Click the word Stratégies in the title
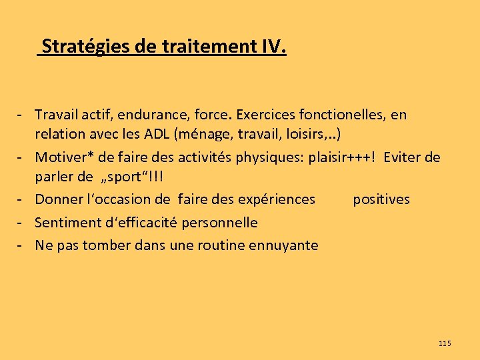pyautogui.click(x=82, y=47)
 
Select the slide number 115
pyautogui.click(x=445, y=343)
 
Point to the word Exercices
pyautogui.click(x=261, y=115)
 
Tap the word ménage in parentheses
pyautogui.click(x=202, y=135)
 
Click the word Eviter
pyautogui.click(x=403, y=157)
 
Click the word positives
pyautogui.click(x=381, y=199)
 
